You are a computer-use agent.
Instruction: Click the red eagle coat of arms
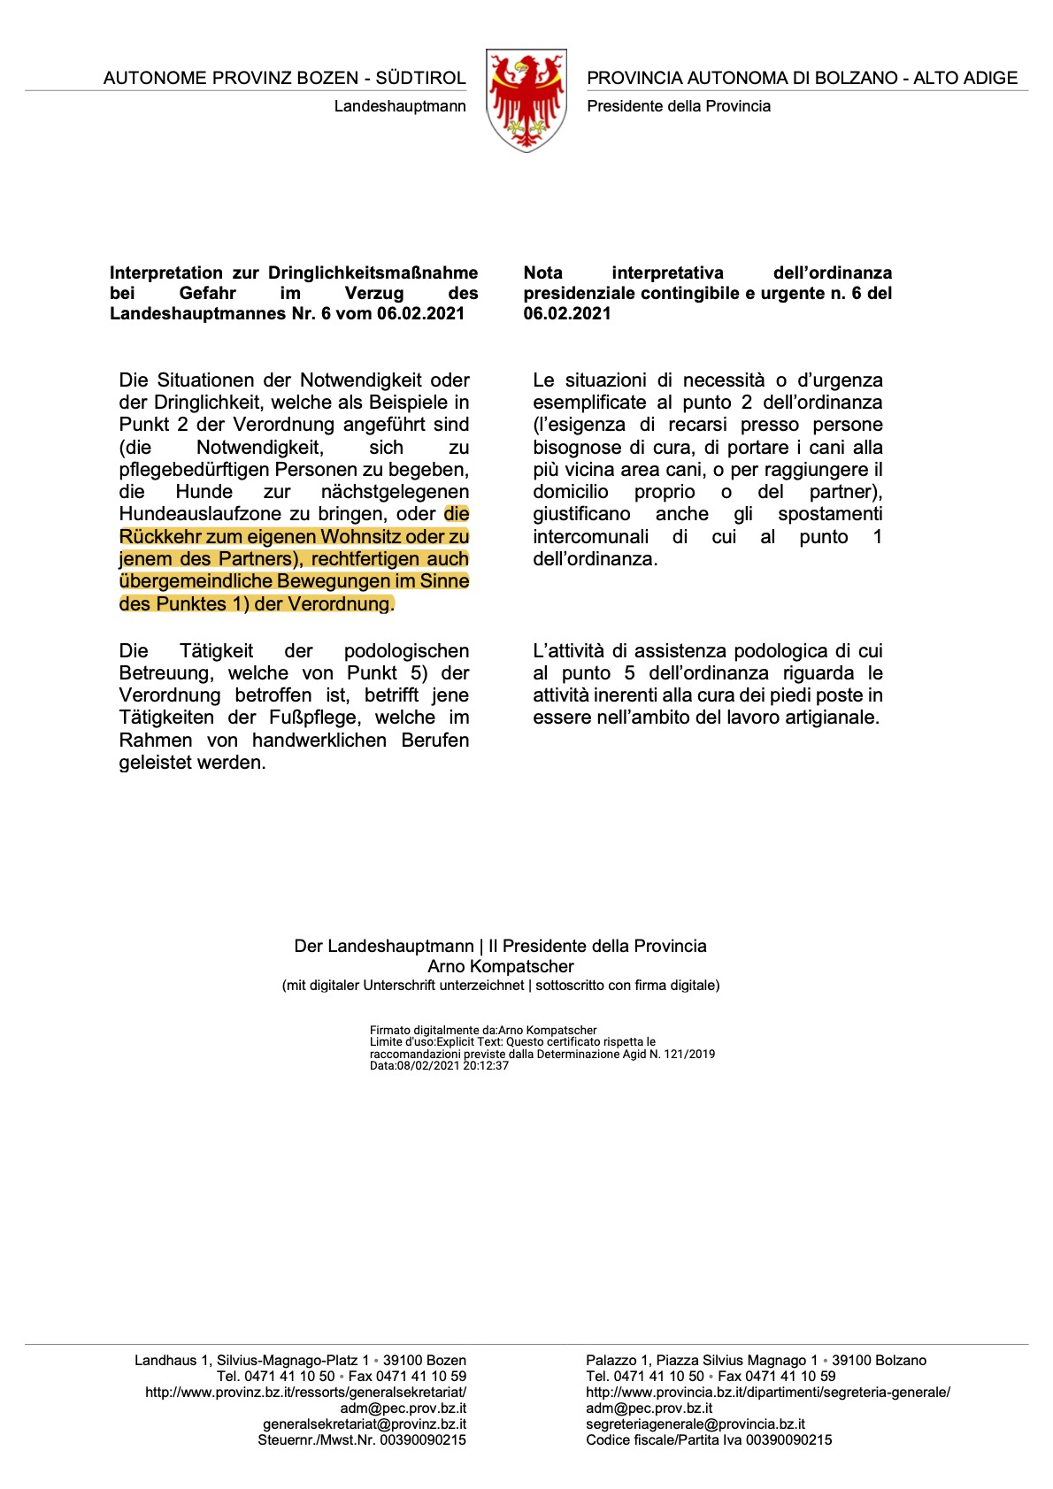coord(526,100)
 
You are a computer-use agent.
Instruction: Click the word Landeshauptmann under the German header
coord(400,106)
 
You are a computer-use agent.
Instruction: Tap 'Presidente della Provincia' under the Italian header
coord(679,106)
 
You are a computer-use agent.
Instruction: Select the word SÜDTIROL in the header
coord(420,78)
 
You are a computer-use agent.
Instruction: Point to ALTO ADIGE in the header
coord(965,78)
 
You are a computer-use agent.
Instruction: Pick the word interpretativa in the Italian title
coord(667,272)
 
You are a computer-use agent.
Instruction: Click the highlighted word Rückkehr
coord(170,537)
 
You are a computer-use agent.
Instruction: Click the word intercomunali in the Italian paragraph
coord(590,537)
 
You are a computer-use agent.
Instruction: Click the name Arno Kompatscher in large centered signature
coord(501,967)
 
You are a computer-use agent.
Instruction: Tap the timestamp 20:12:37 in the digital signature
coord(486,1066)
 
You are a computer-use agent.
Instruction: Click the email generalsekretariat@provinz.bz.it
coord(365,1424)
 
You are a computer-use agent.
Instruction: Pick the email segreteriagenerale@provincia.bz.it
coord(696,1424)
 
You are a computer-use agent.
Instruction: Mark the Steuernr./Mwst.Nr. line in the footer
coord(362,1440)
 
